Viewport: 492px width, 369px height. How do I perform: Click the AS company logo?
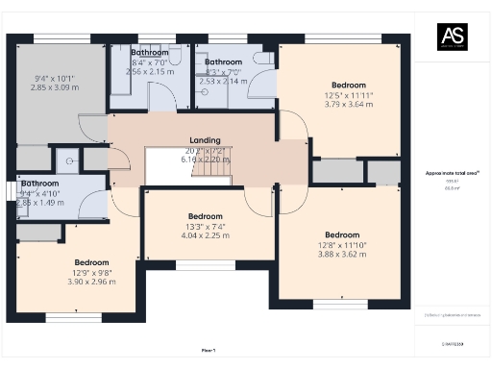452,37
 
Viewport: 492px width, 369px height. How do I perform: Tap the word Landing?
205,140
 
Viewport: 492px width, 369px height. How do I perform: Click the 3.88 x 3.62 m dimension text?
341,255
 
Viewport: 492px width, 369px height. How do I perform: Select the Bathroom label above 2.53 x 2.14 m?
223,61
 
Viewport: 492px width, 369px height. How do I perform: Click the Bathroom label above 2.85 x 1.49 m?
40,183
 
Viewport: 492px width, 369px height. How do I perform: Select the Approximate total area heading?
446,173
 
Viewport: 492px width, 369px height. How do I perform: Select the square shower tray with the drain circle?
68,160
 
